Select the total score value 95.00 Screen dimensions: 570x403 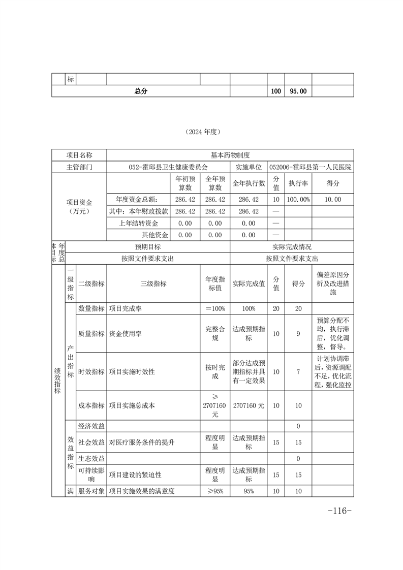(298, 91)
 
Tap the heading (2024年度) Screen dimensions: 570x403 (202, 132)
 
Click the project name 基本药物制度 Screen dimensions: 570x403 (230, 155)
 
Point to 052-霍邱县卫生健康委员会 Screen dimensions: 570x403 (168, 167)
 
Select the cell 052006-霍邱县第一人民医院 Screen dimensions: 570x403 (311, 167)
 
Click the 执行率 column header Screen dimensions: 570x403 (298, 183)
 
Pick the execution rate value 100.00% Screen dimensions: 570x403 (298, 200)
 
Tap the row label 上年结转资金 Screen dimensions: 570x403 (138, 223)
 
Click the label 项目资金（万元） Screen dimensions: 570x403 (79, 206)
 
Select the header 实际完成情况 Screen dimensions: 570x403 (292, 246)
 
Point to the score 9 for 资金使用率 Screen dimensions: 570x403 (298, 334)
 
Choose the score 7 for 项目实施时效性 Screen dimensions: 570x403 (298, 372)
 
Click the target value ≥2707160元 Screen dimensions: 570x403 (215, 405)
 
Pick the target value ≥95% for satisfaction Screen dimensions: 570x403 (215, 491)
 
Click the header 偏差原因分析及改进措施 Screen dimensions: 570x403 (333, 284)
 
